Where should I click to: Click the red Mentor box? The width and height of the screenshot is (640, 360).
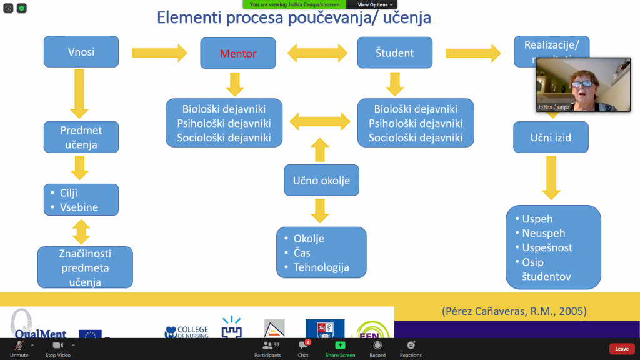point(237,53)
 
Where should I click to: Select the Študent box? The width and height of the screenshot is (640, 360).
point(394,53)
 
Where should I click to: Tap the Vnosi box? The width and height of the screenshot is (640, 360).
point(81,51)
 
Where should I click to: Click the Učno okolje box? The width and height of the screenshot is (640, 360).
point(321,181)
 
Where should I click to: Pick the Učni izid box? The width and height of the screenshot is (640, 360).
point(551,137)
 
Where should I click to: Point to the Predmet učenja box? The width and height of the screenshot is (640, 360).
point(81,137)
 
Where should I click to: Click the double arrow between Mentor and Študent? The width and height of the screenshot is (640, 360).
point(317,52)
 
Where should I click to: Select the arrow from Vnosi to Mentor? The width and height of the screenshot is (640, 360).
point(160,52)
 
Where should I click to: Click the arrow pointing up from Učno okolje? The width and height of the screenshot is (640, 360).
point(319,150)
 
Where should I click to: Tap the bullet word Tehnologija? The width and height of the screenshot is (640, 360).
point(321,267)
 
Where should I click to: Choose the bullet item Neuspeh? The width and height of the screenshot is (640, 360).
point(544,233)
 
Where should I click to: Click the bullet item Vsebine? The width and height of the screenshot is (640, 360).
point(80,206)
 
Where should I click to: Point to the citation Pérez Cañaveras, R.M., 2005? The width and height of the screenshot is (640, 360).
point(514,311)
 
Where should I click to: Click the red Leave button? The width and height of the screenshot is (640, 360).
point(621,349)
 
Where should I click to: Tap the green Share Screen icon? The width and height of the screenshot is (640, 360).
point(340,345)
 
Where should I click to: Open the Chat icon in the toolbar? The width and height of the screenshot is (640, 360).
point(303,345)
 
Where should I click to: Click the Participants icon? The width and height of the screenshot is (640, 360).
point(267,345)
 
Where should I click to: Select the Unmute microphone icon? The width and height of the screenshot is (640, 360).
point(19,346)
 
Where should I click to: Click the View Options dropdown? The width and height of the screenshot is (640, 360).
point(375,4)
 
